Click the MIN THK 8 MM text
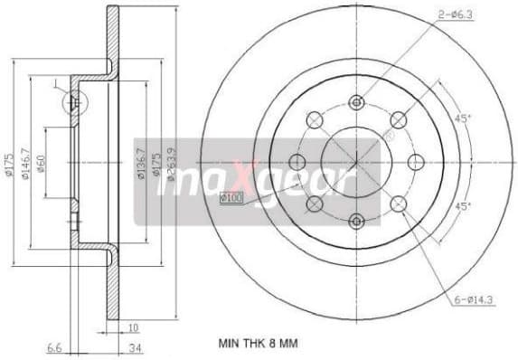tap(258, 344)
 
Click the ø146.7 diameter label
tap(26, 163)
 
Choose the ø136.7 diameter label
tap(142, 163)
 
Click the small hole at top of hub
tap(356, 101)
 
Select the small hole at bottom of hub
tap(356, 221)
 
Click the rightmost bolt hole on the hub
tap(416, 162)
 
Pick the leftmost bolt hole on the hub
tap(297, 162)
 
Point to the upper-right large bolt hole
tap(398, 119)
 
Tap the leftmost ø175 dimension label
tap(9, 163)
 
